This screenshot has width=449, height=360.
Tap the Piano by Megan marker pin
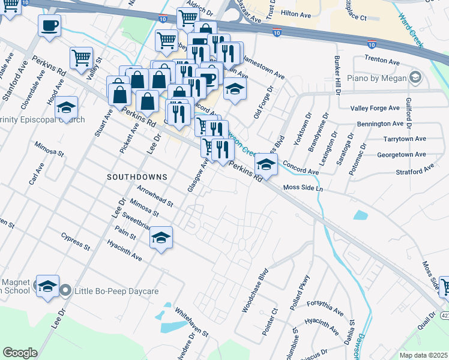pyautogui.click(x=415, y=77)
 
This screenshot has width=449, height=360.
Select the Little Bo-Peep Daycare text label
pyautogui.click(x=116, y=292)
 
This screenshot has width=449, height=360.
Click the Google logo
pyautogui.click(x=20, y=352)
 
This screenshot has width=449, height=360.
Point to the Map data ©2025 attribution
pyautogui.click(x=423, y=355)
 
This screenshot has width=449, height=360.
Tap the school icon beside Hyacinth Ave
pyautogui.click(x=161, y=238)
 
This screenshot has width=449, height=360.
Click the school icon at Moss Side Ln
pyautogui.click(x=265, y=164)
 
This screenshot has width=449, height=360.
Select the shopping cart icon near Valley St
pyautogui.click(x=81, y=58)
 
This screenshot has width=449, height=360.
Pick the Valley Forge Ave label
pyautogui.click(x=375, y=108)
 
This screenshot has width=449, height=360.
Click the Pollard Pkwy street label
pyautogui.click(x=300, y=291)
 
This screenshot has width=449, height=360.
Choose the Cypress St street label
pyautogui.click(x=76, y=242)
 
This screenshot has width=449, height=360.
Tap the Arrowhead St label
pyautogui.click(x=155, y=196)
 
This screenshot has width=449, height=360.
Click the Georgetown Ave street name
pyautogui.click(x=401, y=154)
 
